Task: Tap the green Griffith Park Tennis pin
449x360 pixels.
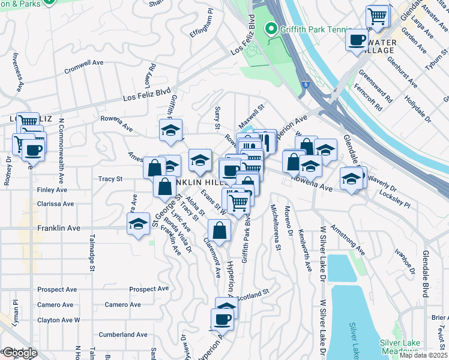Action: [x=271, y=29]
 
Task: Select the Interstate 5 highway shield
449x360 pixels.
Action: [x=306, y=85]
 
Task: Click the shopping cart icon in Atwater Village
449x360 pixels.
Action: [x=378, y=16]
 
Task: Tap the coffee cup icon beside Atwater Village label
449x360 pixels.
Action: [x=357, y=40]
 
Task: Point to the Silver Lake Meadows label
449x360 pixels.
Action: [x=399, y=347]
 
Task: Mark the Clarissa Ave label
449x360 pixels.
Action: [x=55, y=204]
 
